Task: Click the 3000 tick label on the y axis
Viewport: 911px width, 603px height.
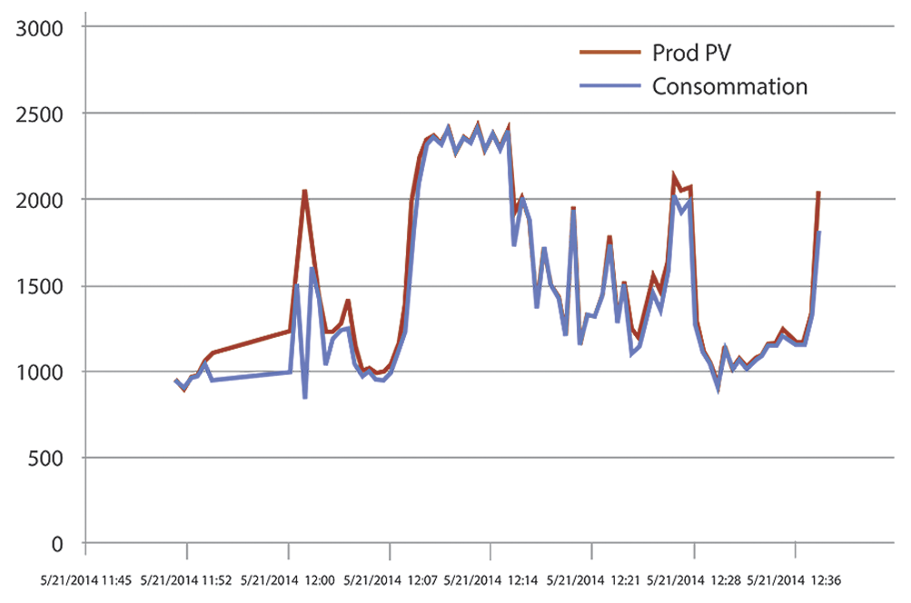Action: pyautogui.click(x=42, y=27)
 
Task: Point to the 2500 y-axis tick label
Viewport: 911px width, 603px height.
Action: pyautogui.click(x=42, y=114)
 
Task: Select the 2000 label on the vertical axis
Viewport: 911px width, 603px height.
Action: pyautogui.click(x=42, y=199)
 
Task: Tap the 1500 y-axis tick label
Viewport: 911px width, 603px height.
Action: pyautogui.click(x=42, y=286)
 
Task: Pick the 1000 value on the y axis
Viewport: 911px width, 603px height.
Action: pyautogui.click(x=42, y=371)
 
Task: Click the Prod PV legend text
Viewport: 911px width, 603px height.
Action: pyautogui.click(x=692, y=53)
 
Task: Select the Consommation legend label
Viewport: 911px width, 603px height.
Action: pyautogui.click(x=730, y=87)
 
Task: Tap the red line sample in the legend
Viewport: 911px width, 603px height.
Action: pyautogui.click(x=610, y=53)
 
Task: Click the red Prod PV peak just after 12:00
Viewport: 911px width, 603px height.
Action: pyautogui.click(x=304, y=191)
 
